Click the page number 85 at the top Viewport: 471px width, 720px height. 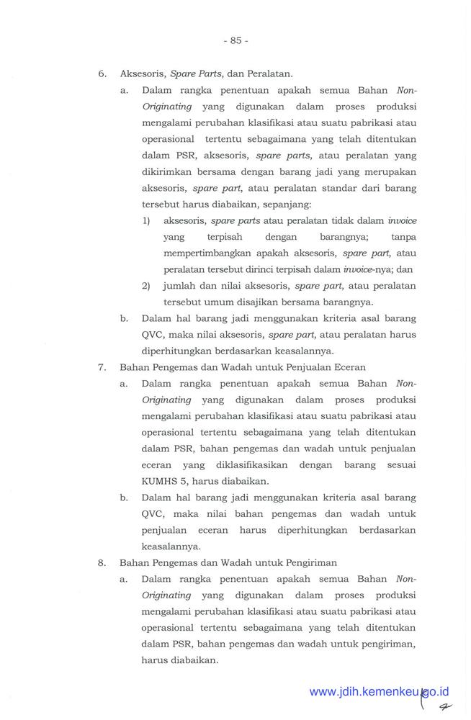[235, 41]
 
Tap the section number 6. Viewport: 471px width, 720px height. [103, 73]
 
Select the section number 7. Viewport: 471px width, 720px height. [103, 366]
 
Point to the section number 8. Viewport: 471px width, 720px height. [103, 562]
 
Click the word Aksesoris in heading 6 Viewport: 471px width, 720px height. [142, 73]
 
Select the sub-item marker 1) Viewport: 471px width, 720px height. [146, 220]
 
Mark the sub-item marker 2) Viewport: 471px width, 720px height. [146, 285]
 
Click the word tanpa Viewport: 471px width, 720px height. [403, 236]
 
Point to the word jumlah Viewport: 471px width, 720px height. [179, 285]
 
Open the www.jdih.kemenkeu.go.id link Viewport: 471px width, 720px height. [379, 692]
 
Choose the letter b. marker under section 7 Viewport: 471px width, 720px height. [125, 498]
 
